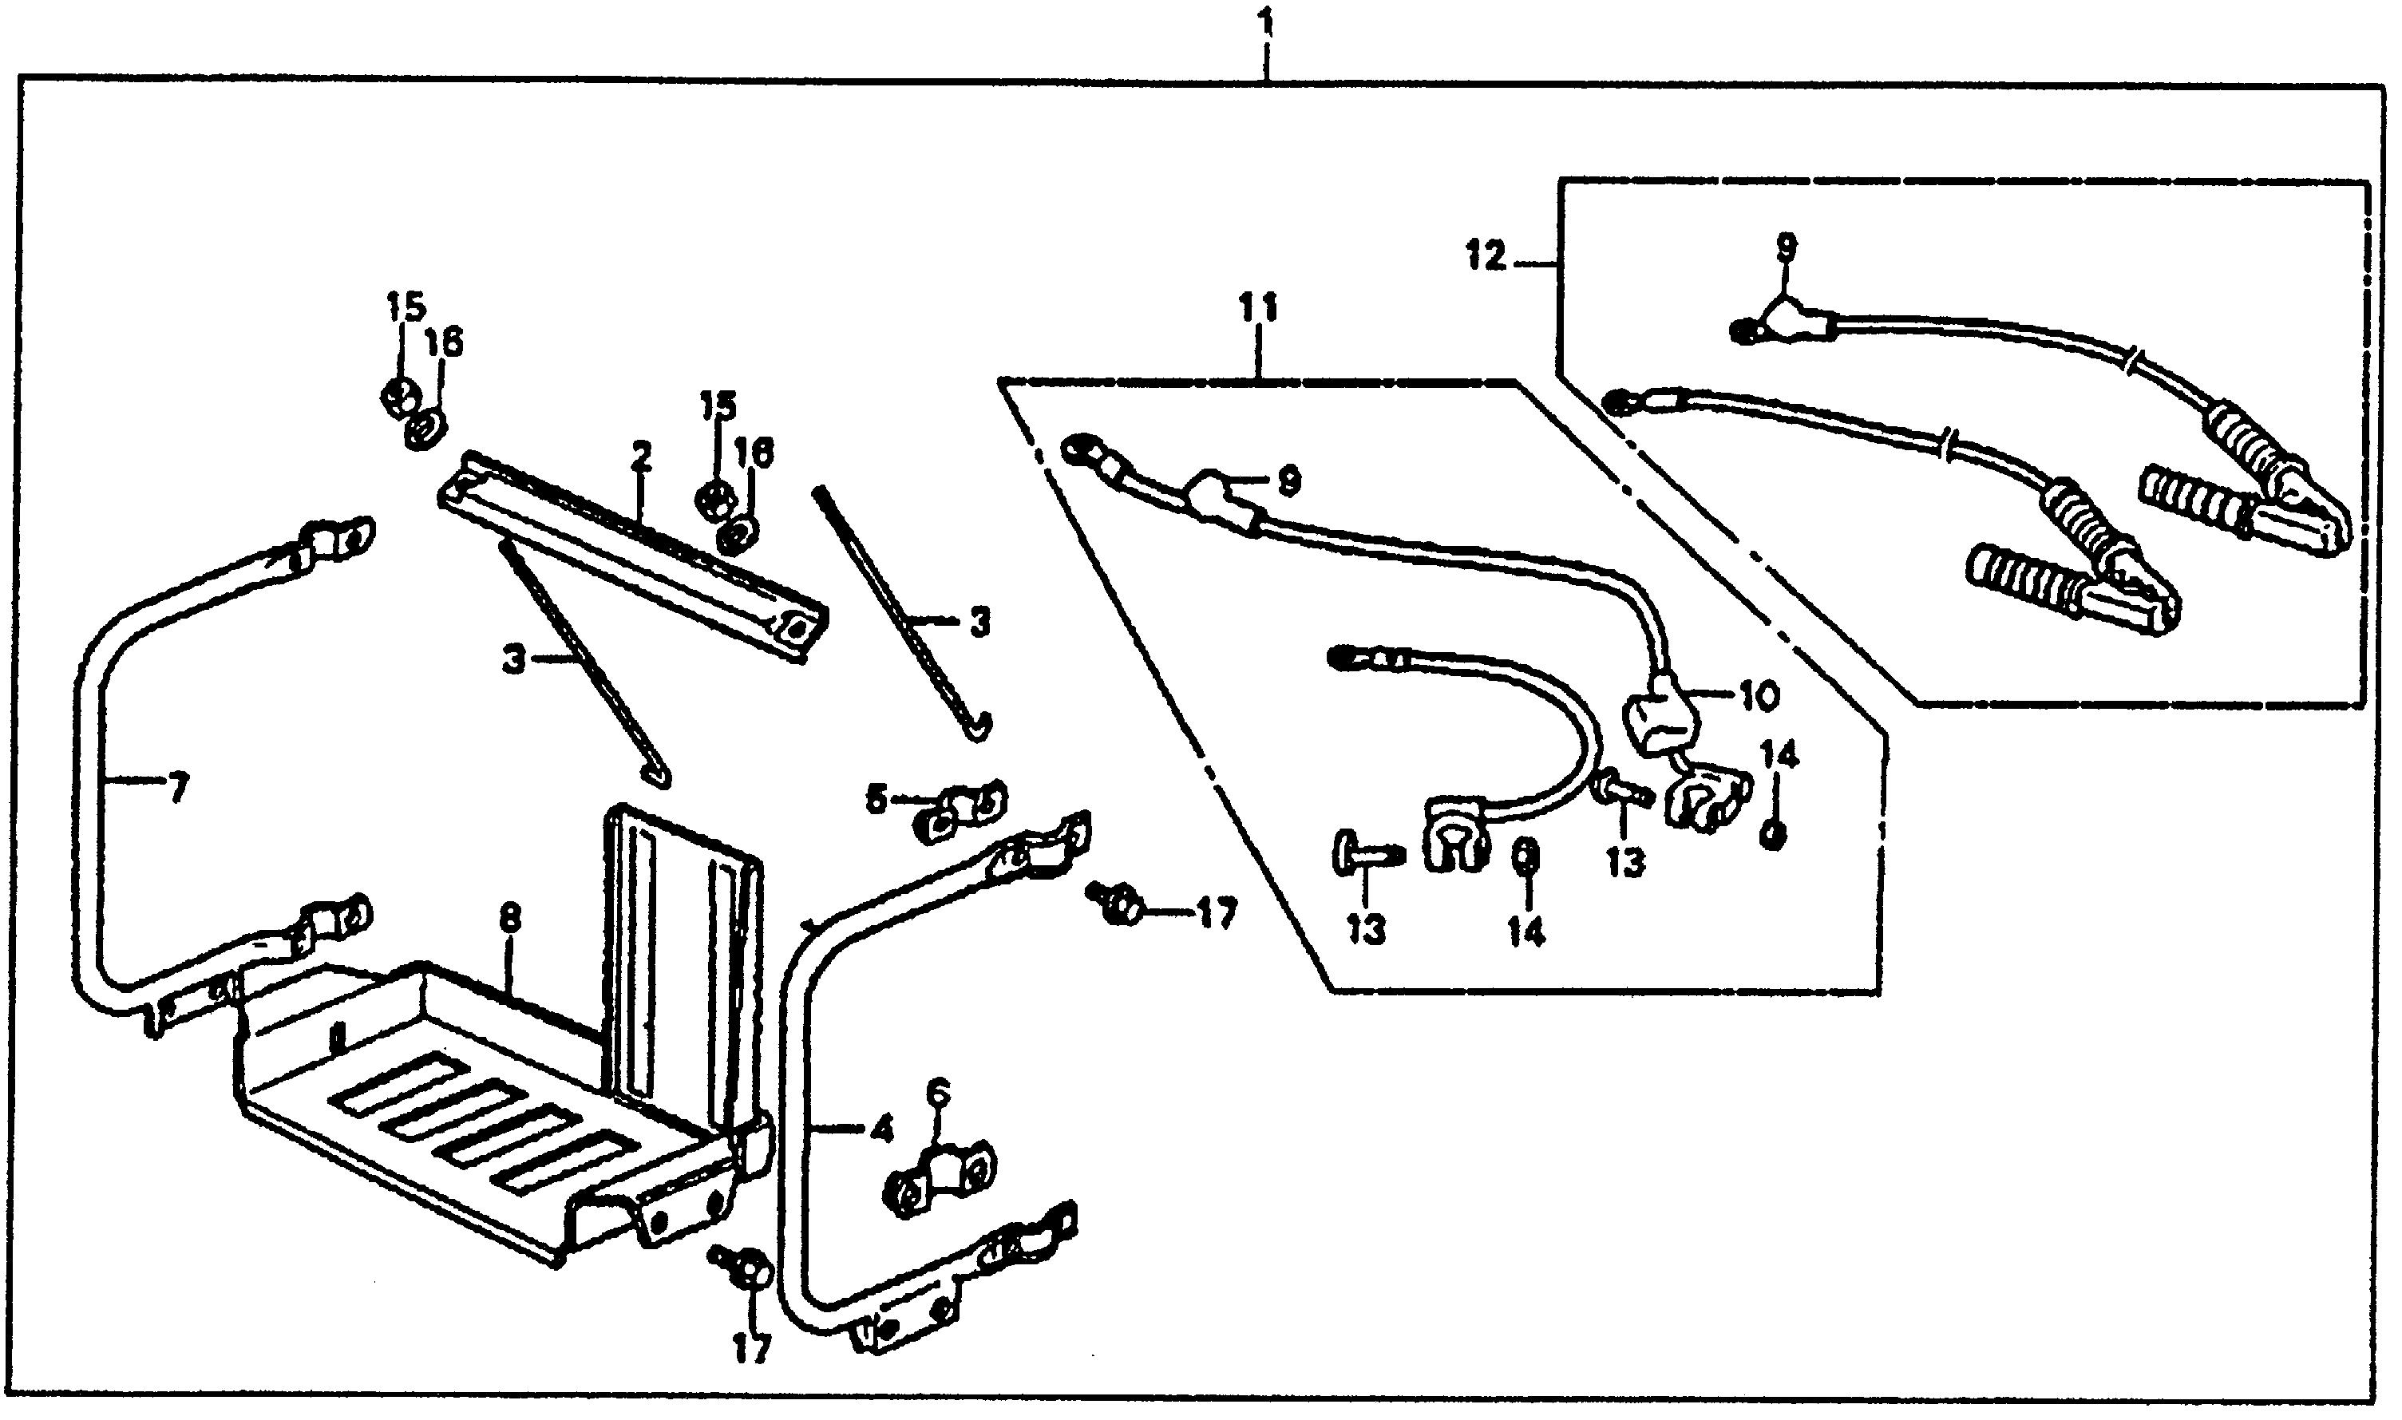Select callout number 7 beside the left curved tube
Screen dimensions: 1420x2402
(175, 789)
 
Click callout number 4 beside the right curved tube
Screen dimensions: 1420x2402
(880, 1130)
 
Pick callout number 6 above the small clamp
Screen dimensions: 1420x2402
(939, 1091)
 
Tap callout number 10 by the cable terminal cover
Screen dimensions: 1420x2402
(1759, 696)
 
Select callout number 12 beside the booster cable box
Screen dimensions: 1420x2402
(1486, 256)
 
